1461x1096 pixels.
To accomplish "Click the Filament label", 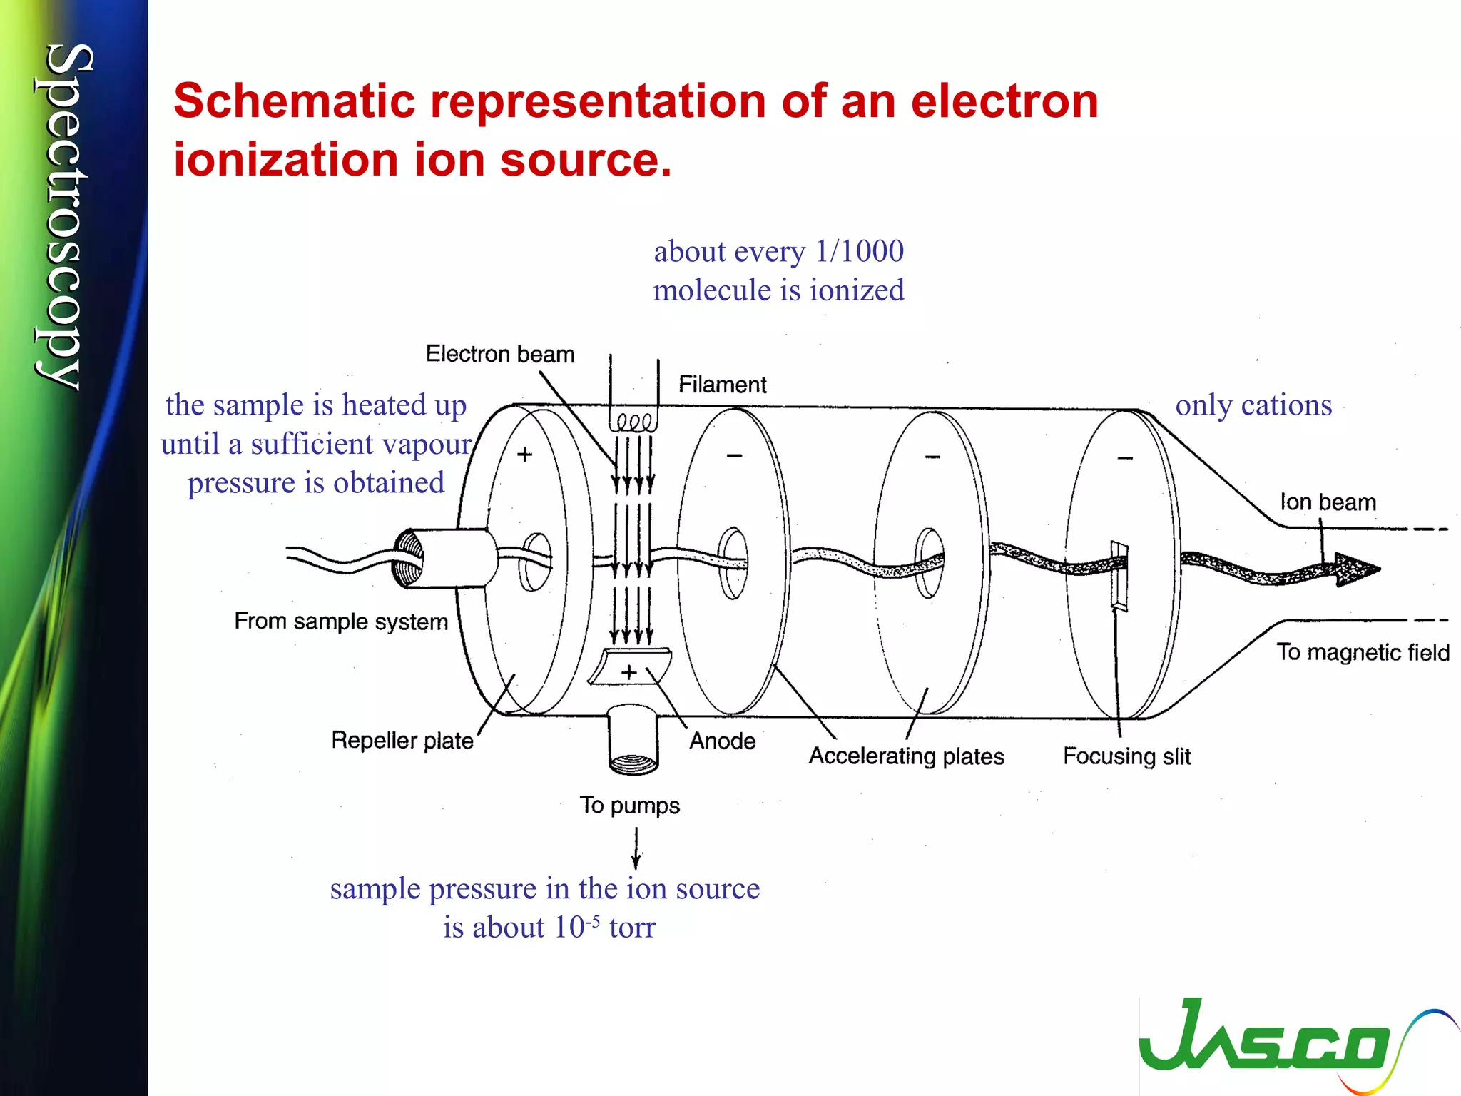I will (x=722, y=385).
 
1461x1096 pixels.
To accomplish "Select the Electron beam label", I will (x=499, y=354).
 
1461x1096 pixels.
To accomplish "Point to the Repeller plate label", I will (x=402, y=741).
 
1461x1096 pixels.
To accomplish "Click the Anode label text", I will (x=722, y=741).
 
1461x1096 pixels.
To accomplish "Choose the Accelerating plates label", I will (x=906, y=756).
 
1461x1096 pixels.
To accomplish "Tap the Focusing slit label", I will (x=1126, y=756).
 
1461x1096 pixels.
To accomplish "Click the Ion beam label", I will (x=1328, y=502).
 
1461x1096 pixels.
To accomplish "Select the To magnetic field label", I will (x=1363, y=652).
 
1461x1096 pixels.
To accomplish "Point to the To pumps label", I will (x=629, y=806).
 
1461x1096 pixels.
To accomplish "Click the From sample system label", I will (x=341, y=621).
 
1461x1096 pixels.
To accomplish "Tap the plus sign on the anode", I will (x=628, y=671).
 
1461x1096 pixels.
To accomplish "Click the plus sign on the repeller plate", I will (x=524, y=455).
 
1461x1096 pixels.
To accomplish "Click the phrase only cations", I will (x=1253, y=405).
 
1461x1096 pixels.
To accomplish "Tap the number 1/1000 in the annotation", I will (x=859, y=251).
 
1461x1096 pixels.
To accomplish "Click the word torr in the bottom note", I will (x=632, y=928).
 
